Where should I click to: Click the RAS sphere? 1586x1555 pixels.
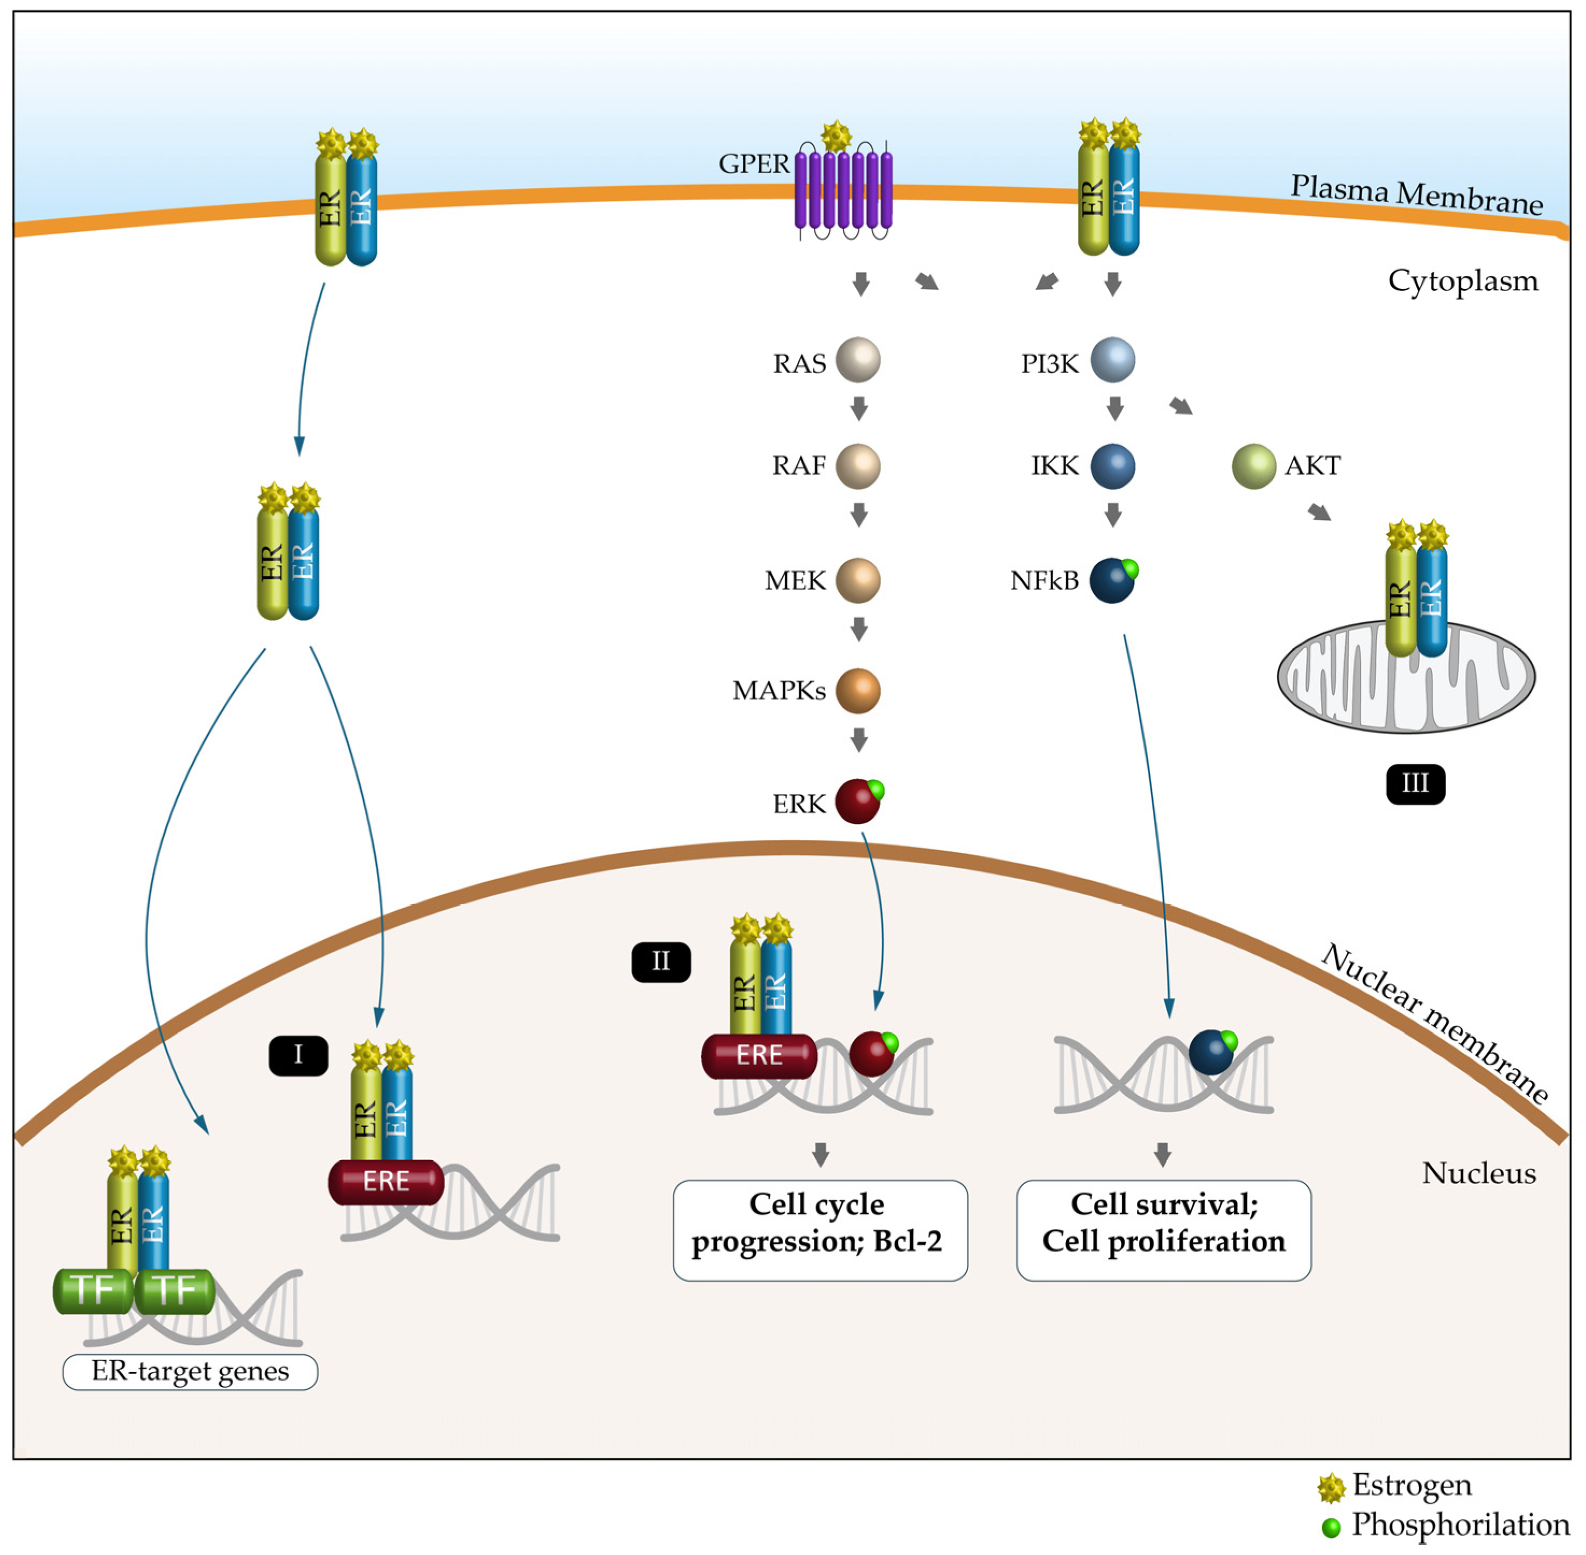click(858, 360)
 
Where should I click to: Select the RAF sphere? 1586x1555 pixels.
click(858, 466)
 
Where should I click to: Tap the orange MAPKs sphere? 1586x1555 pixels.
click(858, 691)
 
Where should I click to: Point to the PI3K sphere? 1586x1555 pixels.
click(1112, 360)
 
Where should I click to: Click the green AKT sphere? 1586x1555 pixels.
click(1253, 466)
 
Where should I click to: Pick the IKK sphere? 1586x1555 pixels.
click(1112, 466)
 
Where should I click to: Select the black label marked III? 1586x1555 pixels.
click(1415, 784)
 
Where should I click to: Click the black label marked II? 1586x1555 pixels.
click(661, 962)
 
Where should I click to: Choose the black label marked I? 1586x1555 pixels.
click(298, 1055)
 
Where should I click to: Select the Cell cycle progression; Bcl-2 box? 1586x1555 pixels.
click(819, 1230)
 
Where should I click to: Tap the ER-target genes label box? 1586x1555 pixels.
click(190, 1372)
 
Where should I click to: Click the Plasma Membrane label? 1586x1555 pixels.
click(1415, 194)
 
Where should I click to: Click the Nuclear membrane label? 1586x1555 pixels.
click(1434, 1023)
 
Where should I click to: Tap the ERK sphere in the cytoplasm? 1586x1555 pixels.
click(857, 802)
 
